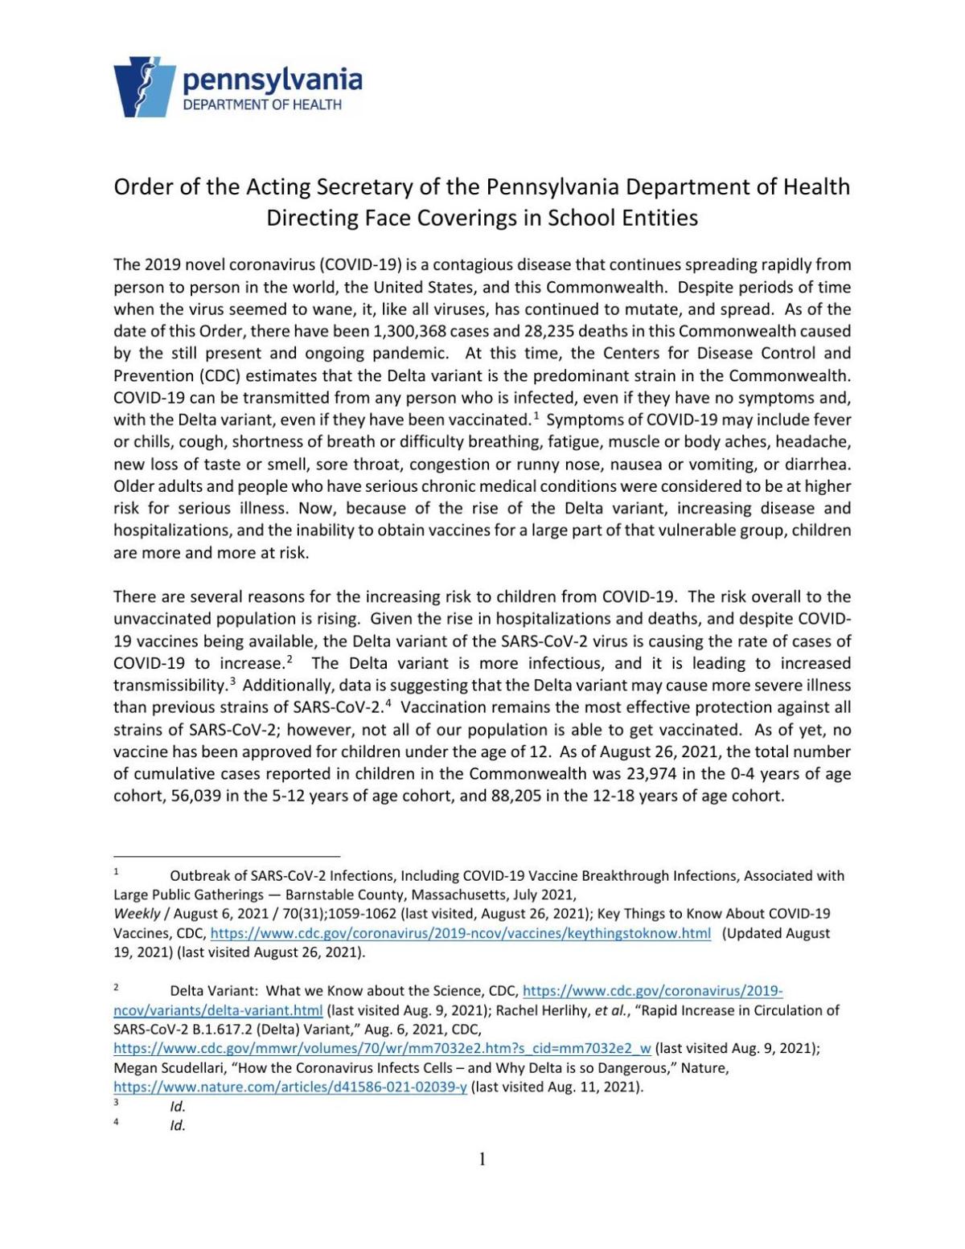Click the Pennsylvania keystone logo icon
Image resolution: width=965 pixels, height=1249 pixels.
click(x=145, y=87)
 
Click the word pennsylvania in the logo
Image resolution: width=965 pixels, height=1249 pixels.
click(x=273, y=80)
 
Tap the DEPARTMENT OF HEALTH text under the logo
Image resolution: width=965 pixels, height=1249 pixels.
click(x=262, y=104)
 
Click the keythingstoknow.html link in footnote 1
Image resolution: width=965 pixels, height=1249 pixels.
click(x=461, y=934)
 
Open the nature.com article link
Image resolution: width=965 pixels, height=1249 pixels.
click(x=290, y=1087)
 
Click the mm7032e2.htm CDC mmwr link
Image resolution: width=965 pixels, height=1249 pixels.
click(x=382, y=1049)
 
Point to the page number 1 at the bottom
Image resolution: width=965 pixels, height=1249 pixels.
click(x=482, y=1159)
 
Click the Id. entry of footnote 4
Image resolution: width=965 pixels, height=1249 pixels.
click(x=178, y=1125)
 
